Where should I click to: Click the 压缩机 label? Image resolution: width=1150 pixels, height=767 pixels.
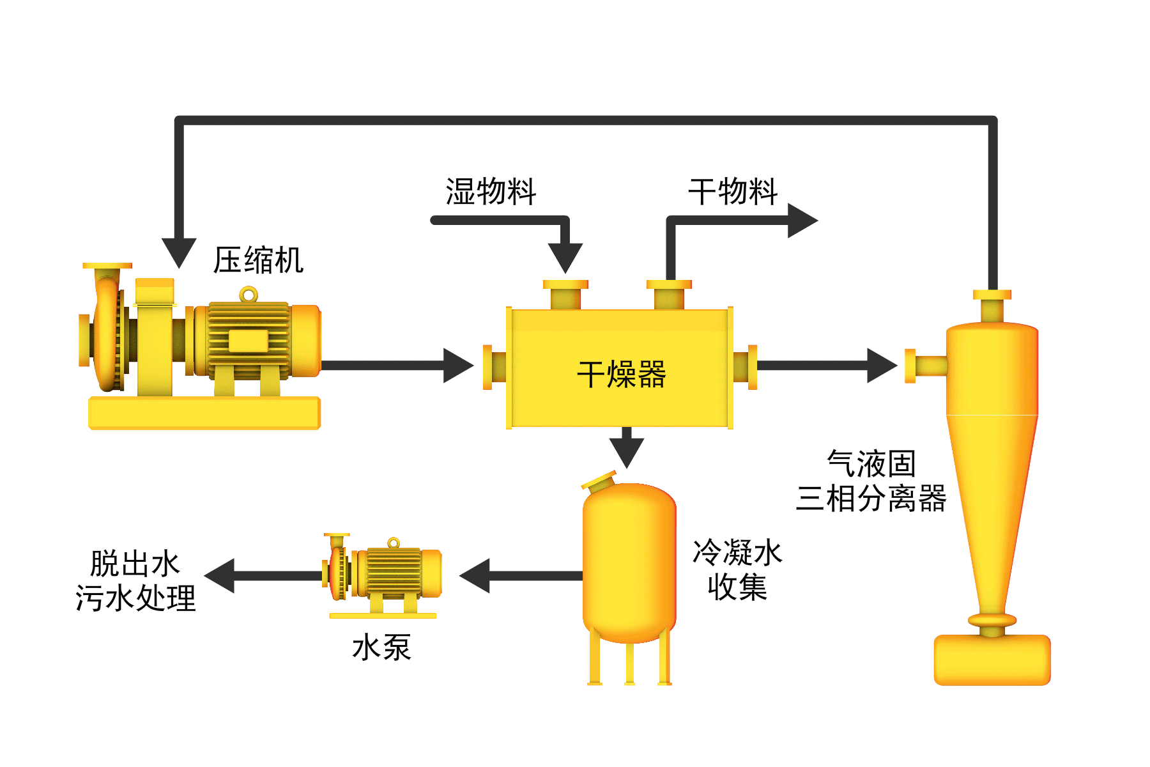(258, 260)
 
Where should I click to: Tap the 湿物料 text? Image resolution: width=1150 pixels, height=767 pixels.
(491, 191)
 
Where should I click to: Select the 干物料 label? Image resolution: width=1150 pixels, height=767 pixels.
(733, 191)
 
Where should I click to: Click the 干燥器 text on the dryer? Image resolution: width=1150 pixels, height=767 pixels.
(621, 374)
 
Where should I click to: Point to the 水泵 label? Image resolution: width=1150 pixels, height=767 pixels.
(381, 647)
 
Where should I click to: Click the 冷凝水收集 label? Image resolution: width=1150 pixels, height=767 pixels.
(737, 569)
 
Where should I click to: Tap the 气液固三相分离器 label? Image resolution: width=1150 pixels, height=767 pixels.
(871, 481)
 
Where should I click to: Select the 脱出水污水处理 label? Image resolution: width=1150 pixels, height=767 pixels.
(135, 581)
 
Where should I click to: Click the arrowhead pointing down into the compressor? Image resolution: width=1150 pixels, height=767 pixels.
(179, 252)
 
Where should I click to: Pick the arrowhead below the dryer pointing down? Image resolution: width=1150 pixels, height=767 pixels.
(627, 451)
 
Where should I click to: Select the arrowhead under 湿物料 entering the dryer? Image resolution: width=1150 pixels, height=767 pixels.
(565, 257)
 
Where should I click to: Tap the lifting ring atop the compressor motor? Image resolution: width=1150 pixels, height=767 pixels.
(249, 295)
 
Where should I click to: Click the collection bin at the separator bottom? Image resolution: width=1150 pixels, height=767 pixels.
(992, 660)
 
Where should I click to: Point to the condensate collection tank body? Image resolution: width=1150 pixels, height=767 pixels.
(629, 562)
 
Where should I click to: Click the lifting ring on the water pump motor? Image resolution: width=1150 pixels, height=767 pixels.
(394, 543)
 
